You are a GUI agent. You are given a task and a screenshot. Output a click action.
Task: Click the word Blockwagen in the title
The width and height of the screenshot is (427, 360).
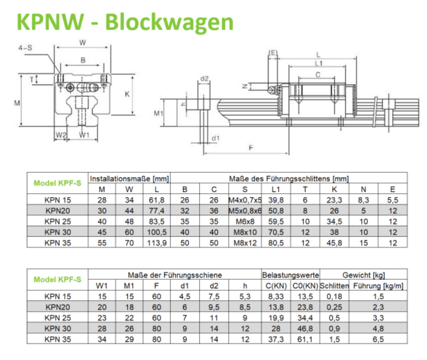[x=169, y=22]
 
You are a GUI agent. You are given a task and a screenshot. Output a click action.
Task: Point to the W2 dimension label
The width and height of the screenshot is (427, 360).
[x=60, y=135]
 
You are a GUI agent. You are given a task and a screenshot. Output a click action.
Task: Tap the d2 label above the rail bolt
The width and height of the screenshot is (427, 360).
[x=205, y=78]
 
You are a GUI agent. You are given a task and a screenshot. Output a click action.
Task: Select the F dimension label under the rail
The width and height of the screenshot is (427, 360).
[x=251, y=148]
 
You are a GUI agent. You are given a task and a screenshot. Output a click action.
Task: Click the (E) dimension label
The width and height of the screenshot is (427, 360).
[x=273, y=53]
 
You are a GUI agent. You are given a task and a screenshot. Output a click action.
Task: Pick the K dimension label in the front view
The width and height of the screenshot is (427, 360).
[x=127, y=94]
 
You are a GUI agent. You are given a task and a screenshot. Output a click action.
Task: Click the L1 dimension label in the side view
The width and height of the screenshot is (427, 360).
[x=318, y=63]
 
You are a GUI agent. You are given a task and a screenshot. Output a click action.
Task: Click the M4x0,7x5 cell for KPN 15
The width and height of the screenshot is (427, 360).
[x=245, y=200]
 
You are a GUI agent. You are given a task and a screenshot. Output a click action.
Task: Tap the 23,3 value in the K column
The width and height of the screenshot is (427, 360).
[x=334, y=200]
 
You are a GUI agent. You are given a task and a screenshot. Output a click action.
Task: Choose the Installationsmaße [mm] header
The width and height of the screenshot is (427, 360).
[x=129, y=179]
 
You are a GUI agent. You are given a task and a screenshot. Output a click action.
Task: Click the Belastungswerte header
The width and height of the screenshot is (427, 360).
[x=291, y=275]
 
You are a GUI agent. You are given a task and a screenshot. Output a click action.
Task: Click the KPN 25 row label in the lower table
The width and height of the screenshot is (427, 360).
[x=57, y=318]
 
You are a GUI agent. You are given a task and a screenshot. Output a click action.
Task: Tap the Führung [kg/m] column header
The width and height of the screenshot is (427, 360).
[x=378, y=286]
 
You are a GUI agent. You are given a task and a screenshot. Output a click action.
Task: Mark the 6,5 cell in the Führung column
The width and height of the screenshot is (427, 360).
[x=378, y=339]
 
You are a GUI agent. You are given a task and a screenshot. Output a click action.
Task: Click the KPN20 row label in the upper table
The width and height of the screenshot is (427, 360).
[x=57, y=211]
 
